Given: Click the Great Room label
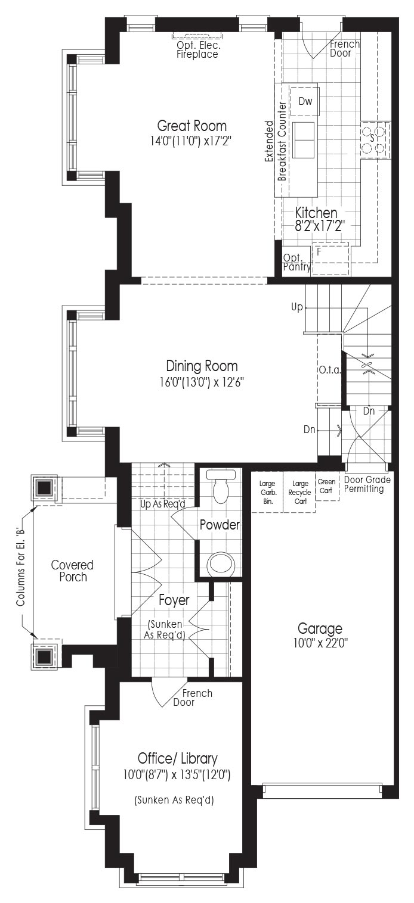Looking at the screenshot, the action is [192, 126].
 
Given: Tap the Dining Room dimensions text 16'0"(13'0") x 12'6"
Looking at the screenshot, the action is [202, 382].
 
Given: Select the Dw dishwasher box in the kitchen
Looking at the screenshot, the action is [305, 101].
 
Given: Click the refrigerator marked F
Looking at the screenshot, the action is [331, 259].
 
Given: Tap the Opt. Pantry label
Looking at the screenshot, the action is [297, 262].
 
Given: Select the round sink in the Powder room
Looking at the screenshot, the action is [221, 563].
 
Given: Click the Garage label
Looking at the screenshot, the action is [320, 628].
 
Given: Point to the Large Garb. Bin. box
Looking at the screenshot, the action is [267, 492].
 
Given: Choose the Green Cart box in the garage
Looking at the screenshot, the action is [326, 486].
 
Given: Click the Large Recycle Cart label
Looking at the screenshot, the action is [299, 492].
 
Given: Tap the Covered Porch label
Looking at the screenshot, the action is [72, 571].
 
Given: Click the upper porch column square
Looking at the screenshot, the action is [44, 488].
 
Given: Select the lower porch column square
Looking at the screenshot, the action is [44, 656].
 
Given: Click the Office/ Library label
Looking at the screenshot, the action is [178, 758].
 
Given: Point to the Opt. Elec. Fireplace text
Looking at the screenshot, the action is [197, 50].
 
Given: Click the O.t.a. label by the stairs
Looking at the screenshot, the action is [330, 370].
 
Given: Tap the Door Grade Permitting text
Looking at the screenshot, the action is [367, 484].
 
